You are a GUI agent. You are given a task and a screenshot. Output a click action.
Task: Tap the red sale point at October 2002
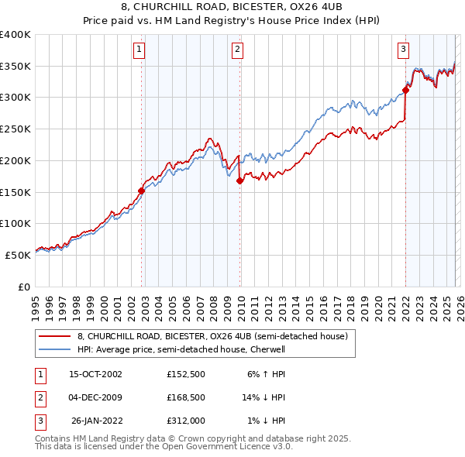point(142,190)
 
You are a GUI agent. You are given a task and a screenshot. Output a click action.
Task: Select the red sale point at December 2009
point(239,181)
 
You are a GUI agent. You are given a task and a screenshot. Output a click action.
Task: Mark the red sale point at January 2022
point(405,91)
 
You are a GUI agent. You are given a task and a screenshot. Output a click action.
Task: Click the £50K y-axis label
point(18,254)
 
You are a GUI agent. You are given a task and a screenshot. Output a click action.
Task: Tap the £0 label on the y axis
point(23,286)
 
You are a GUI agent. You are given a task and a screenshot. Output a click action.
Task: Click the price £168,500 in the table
point(185,398)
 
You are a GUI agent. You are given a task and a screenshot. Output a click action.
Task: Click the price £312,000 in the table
point(185,421)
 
